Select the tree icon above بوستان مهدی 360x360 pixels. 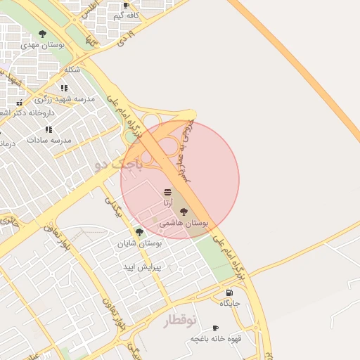coord(43,34)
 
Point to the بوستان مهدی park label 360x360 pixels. coord(42,44)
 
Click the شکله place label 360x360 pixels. coord(72,69)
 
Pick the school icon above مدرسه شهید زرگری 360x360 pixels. coord(64,89)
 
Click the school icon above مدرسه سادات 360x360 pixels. coord(49,129)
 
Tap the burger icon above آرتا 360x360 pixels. coord(167,191)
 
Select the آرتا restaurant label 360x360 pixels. coord(167,202)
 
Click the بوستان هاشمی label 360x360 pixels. coord(184,222)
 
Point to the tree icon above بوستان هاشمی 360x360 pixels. coord(184,212)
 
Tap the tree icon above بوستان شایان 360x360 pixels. coord(139,232)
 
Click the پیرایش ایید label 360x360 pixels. coord(143,267)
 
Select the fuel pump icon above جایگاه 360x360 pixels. coord(230,292)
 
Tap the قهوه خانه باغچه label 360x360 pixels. coord(215,339)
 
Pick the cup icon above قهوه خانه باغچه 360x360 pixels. coord(215,328)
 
